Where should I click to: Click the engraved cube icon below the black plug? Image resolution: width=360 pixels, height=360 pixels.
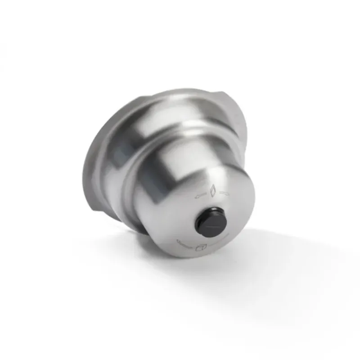click(x=202, y=247)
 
